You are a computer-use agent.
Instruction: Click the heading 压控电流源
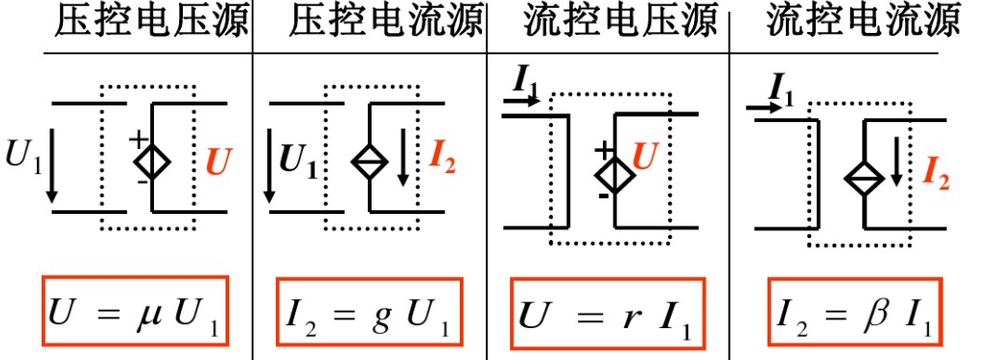384,22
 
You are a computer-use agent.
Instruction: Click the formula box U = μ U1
135,313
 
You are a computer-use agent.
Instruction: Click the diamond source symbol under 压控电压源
152,159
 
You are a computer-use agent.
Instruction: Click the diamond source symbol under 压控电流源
370,159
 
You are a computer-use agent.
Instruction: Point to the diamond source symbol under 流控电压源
615,173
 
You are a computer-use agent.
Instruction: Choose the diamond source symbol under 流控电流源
862,178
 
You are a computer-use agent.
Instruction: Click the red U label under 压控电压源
219,161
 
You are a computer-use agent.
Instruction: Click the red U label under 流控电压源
647,153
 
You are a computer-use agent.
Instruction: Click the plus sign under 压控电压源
139,137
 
